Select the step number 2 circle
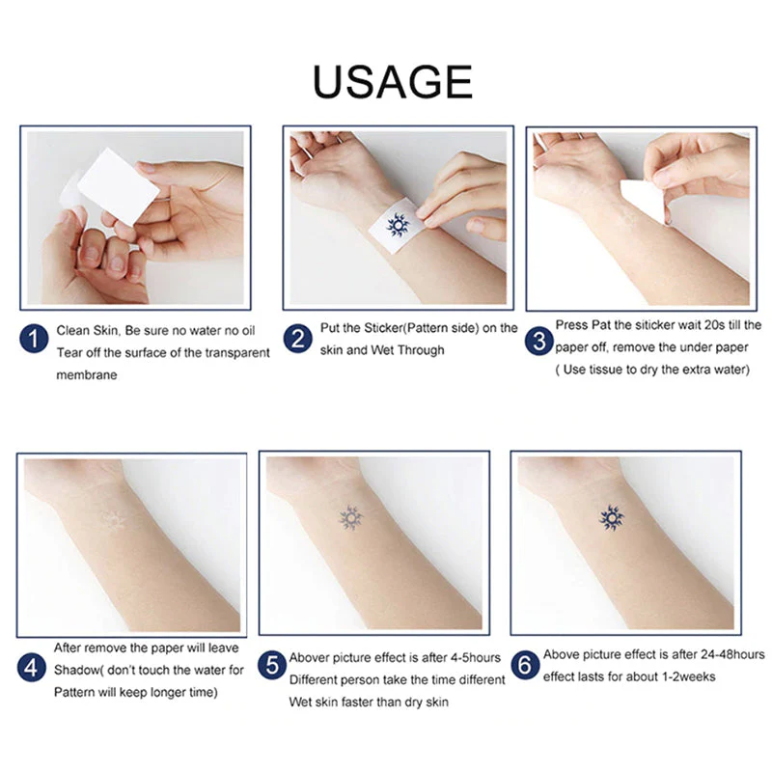(x=296, y=339)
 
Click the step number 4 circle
(x=34, y=667)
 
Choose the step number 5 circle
(x=275, y=665)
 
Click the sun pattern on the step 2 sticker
(x=398, y=226)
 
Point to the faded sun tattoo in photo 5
(x=350, y=518)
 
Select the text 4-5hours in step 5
(x=470, y=658)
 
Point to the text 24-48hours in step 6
(x=723, y=654)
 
